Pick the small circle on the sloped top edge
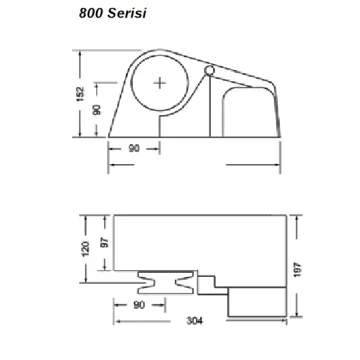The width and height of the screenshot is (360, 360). (x=209, y=72)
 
